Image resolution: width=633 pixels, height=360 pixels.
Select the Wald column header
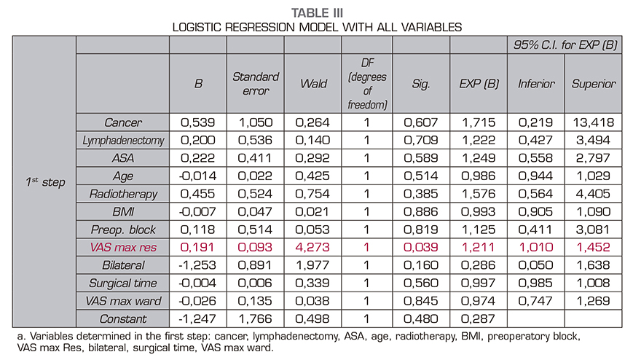312,84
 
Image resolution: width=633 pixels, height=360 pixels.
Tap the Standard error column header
256,84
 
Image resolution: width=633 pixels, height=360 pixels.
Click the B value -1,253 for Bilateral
197,265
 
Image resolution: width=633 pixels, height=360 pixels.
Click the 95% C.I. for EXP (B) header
564,45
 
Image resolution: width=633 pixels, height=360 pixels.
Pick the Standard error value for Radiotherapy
256,195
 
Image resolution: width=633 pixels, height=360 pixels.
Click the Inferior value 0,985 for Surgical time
536,283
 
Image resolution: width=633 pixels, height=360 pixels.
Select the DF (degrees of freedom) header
367,84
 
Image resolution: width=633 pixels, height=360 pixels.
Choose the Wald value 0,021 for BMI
312,212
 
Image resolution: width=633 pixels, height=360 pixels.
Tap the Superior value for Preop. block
593,230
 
